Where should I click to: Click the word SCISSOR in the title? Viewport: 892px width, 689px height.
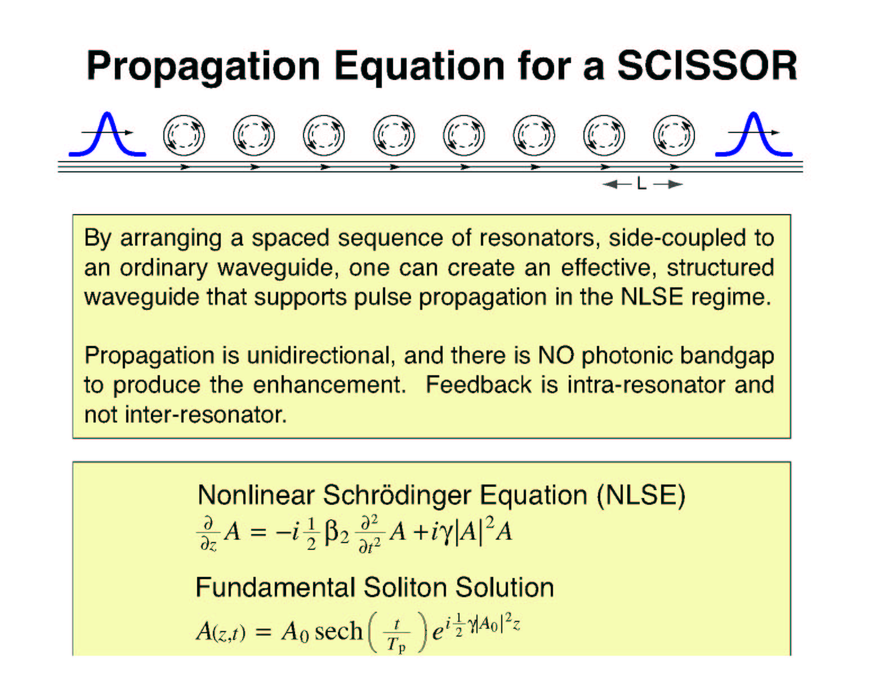707,66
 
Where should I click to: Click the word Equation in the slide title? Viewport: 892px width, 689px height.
420,68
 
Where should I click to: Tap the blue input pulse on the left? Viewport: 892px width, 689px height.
108,134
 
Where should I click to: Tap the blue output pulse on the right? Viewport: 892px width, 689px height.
753,134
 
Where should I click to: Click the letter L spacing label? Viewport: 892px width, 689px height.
641,184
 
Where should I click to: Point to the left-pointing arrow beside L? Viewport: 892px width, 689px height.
617,184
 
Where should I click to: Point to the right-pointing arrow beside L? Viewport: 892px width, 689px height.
668,184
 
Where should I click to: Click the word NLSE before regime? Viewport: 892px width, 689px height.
652,296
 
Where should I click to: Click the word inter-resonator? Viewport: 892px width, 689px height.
206,414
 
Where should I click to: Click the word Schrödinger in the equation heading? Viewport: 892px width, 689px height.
397,496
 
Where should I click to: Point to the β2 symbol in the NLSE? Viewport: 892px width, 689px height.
336,534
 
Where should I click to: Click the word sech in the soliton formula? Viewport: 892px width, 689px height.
338,631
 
